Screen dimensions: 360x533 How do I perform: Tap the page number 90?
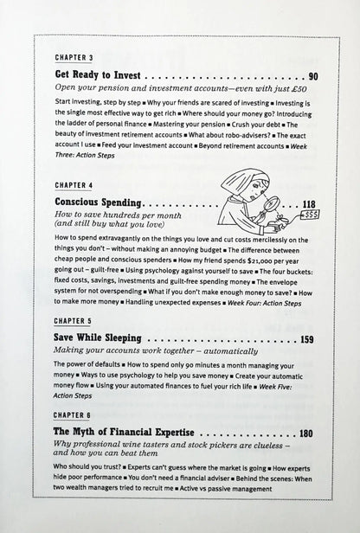point(312,76)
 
